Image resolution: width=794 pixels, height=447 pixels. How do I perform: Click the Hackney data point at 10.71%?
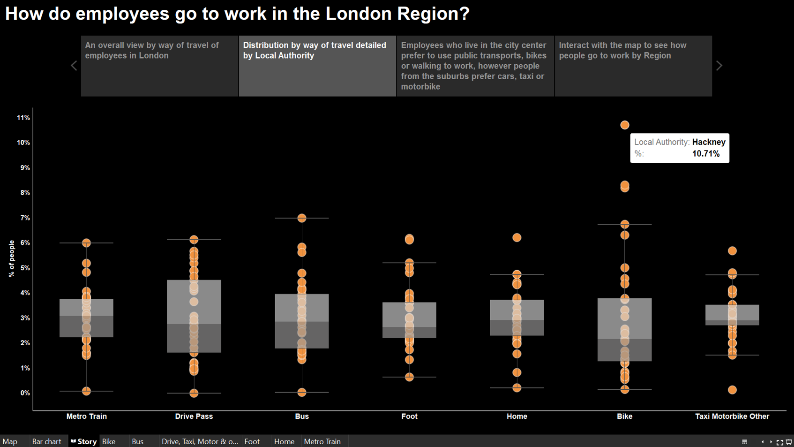pos(624,125)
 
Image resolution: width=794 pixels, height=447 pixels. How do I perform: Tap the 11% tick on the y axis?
pos(23,118)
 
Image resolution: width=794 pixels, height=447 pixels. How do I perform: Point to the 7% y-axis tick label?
pos(25,218)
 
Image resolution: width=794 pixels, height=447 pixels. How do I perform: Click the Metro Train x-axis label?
pos(87,416)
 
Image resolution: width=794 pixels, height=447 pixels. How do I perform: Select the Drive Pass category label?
pos(194,416)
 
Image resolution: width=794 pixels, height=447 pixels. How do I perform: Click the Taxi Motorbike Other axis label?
pos(732,416)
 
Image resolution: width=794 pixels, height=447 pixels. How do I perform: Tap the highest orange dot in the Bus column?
pos(302,218)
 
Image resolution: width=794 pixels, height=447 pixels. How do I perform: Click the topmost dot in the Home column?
pos(517,238)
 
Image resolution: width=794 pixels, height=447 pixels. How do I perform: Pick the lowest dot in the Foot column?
pos(409,377)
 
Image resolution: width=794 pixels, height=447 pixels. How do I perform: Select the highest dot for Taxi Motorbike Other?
pos(732,251)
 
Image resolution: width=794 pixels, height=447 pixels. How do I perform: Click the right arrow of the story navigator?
pos(719,66)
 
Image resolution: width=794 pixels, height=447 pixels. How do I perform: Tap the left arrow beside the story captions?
pos(74,66)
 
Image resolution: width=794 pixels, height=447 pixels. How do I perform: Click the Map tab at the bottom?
pos(10,441)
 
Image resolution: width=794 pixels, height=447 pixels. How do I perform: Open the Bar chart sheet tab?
pos(46,441)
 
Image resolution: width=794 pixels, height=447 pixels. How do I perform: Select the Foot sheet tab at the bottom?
pos(252,441)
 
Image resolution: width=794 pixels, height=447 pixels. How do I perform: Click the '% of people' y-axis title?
pos(11,258)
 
